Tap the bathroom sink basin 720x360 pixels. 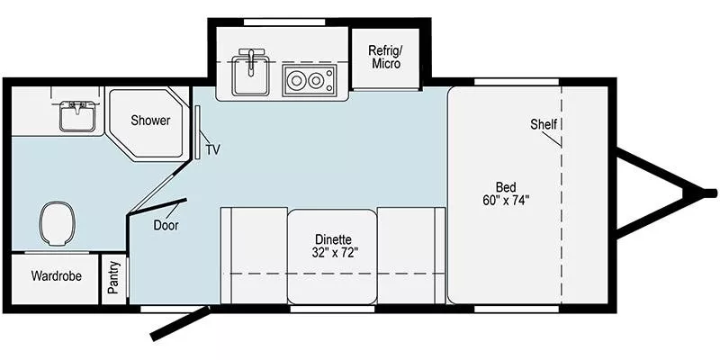[x=77, y=116]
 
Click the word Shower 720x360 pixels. [x=150, y=121]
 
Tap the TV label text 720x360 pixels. [x=212, y=149]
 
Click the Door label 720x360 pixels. [x=165, y=226]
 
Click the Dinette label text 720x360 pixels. [x=332, y=239]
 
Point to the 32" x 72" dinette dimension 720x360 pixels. [x=331, y=253]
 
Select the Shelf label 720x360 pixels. [x=544, y=124]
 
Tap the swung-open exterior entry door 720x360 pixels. [x=181, y=323]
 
